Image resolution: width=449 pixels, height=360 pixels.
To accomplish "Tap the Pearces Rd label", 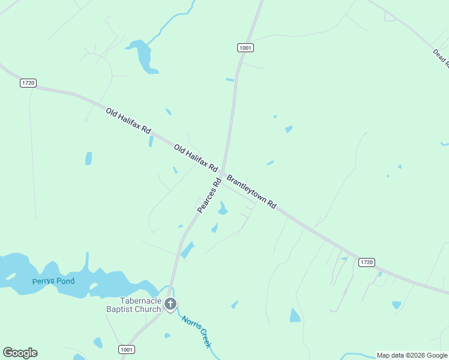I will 209,194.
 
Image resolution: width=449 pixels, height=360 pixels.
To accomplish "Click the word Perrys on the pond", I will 46,281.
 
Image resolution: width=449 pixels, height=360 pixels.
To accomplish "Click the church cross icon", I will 170,305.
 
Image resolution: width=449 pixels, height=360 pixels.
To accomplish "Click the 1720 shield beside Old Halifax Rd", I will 28,83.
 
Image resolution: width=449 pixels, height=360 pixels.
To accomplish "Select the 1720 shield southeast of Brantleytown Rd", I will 367,262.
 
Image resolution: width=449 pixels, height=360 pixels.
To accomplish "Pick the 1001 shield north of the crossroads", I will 245,47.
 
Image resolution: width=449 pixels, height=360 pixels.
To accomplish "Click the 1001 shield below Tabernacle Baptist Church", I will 127,349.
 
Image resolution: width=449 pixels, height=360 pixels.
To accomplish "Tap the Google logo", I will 20,353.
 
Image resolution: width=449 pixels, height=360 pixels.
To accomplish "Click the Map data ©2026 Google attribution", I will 412,355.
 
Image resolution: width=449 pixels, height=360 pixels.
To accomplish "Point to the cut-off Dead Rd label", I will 441,58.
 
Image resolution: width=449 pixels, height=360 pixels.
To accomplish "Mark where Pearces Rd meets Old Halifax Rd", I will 223,173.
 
